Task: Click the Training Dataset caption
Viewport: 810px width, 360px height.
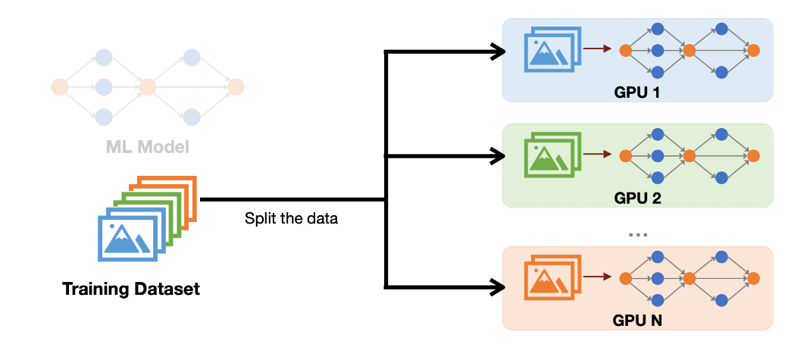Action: pyautogui.click(x=131, y=289)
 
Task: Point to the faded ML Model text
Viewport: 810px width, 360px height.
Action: pyautogui.click(x=147, y=146)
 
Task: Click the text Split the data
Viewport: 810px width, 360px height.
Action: pyautogui.click(x=291, y=219)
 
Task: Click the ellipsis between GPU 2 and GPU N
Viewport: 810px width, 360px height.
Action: pyautogui.click(x=638, y=234)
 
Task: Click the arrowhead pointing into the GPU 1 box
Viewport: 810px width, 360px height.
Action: pyautogui.click(x=497, y=52)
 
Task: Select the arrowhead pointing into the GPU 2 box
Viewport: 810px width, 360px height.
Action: pyautogui.click(x=497, y=157)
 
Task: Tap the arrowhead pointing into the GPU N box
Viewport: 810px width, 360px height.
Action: pyautogui.click(x=497, y=286)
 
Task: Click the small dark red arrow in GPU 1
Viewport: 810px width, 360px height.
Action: pyautogui.click(x=599, y=50)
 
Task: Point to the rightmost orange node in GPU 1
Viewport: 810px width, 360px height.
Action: pyautogui.click(x=753, y=50)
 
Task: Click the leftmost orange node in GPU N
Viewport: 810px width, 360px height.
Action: pyautogui.click(x=625, y=278)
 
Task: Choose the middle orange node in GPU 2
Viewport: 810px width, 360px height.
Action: pyautogui.click(x=689, y=155)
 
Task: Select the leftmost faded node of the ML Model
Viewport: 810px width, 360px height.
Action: pyautogui.click(x=58, y=86)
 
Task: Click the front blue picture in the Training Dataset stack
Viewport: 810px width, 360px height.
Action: pyautogui.click(x=127, y=236)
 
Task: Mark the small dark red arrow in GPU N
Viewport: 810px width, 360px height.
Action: pyautogui.click(x=599, y=278)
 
